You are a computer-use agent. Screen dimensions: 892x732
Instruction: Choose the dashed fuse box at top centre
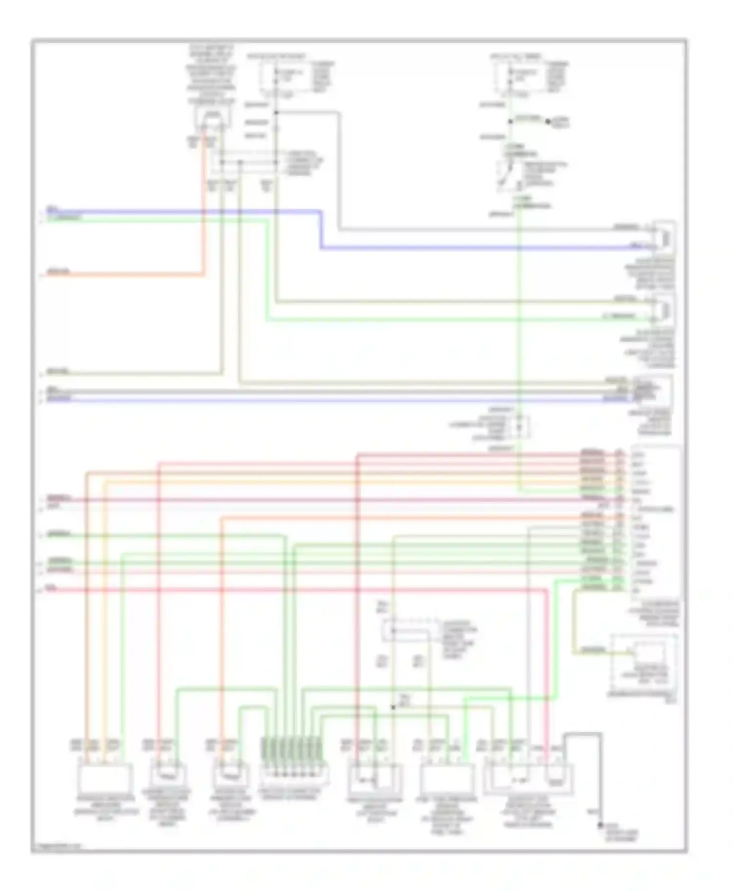pos(284,78)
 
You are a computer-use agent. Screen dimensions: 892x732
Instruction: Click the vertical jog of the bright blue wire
pos(321,230)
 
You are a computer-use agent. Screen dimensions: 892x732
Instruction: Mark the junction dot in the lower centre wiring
pos(393,707)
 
